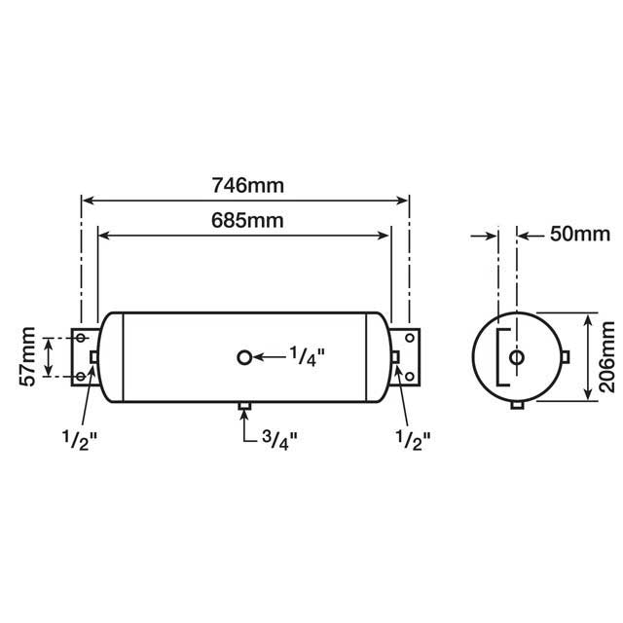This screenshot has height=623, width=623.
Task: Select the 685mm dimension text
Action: point(247,220)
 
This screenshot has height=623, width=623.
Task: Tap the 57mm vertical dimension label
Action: point(28,357)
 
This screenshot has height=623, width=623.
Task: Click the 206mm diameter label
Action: point(607,357)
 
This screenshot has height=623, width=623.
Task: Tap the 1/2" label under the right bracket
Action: point(413,437)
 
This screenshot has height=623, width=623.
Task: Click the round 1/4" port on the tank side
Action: point(243,357)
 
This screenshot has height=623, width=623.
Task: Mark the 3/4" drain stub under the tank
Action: point(243,405)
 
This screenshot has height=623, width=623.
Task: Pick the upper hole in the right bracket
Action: point(409,339)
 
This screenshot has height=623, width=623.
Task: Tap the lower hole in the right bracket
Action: point(409,377)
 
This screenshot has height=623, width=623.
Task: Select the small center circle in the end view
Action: point(517,357)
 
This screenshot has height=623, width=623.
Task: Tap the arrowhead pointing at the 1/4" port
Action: point(260,357)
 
